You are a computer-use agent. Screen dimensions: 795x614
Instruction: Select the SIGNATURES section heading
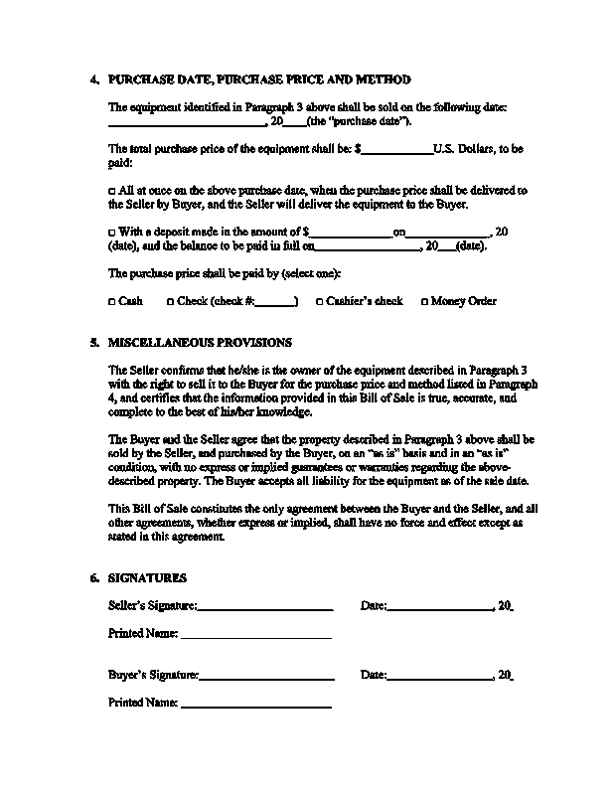147,577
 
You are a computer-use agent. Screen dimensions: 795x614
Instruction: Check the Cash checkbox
111,301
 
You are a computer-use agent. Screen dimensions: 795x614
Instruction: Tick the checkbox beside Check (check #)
171,301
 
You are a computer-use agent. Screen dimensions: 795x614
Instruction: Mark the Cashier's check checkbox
320,301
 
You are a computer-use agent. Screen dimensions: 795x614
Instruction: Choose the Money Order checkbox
424,301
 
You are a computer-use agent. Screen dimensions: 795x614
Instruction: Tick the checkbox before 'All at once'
111,189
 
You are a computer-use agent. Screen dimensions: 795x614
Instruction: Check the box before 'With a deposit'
111,232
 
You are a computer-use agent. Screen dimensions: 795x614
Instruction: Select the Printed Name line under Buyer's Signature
255,706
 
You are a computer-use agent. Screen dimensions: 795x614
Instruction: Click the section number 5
93,343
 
